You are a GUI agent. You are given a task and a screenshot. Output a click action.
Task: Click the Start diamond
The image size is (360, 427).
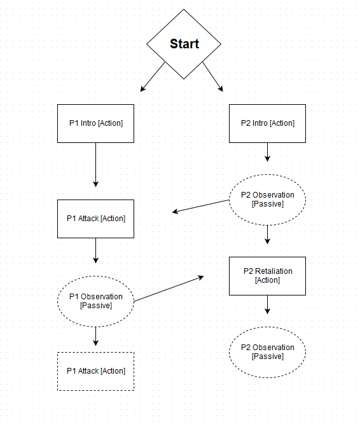(x=184, y=44)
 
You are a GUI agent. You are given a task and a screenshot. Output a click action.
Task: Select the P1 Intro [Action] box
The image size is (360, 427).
(x=95, y=123)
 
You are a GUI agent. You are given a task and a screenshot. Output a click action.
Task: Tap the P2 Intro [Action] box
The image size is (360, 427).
(x=267, y=123)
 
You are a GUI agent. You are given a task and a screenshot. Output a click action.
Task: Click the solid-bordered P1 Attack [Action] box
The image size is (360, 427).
(x=95, y=219)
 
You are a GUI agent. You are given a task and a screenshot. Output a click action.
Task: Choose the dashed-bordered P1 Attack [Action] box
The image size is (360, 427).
(x=95, y=371)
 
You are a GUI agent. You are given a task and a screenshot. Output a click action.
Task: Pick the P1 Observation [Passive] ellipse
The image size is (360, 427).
(x=95, y=301)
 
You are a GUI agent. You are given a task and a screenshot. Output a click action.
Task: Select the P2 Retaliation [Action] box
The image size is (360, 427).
(x=267, y=276)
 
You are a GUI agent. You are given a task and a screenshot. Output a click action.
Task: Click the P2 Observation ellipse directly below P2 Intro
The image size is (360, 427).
(x=267, y=200)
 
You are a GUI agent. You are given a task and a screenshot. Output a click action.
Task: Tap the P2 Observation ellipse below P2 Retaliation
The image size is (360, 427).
(x=267, y=352)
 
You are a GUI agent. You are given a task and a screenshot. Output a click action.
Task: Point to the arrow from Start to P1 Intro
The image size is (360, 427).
(x=153, y=76)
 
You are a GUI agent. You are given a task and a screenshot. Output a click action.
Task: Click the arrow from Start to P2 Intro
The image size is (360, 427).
(x=214, y=76)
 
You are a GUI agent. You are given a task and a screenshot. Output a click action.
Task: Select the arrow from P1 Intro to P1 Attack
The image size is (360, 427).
(x=95, y=164)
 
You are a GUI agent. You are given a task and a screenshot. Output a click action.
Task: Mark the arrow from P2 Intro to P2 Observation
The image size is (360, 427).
(x=267, y=152)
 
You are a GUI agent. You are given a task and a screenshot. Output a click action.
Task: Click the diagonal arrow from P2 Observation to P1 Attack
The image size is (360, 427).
(x=201, y=207)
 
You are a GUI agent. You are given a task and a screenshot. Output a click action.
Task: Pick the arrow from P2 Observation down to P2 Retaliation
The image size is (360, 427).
(x=267, y=234)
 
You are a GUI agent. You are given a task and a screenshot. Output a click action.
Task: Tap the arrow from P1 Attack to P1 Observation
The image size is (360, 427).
(x=95, y=250)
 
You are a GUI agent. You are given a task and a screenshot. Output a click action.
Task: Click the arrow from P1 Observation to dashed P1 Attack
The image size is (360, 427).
(x=95, y=336)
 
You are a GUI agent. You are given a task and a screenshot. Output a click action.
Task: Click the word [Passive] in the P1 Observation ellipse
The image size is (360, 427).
(x=95, y=306)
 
